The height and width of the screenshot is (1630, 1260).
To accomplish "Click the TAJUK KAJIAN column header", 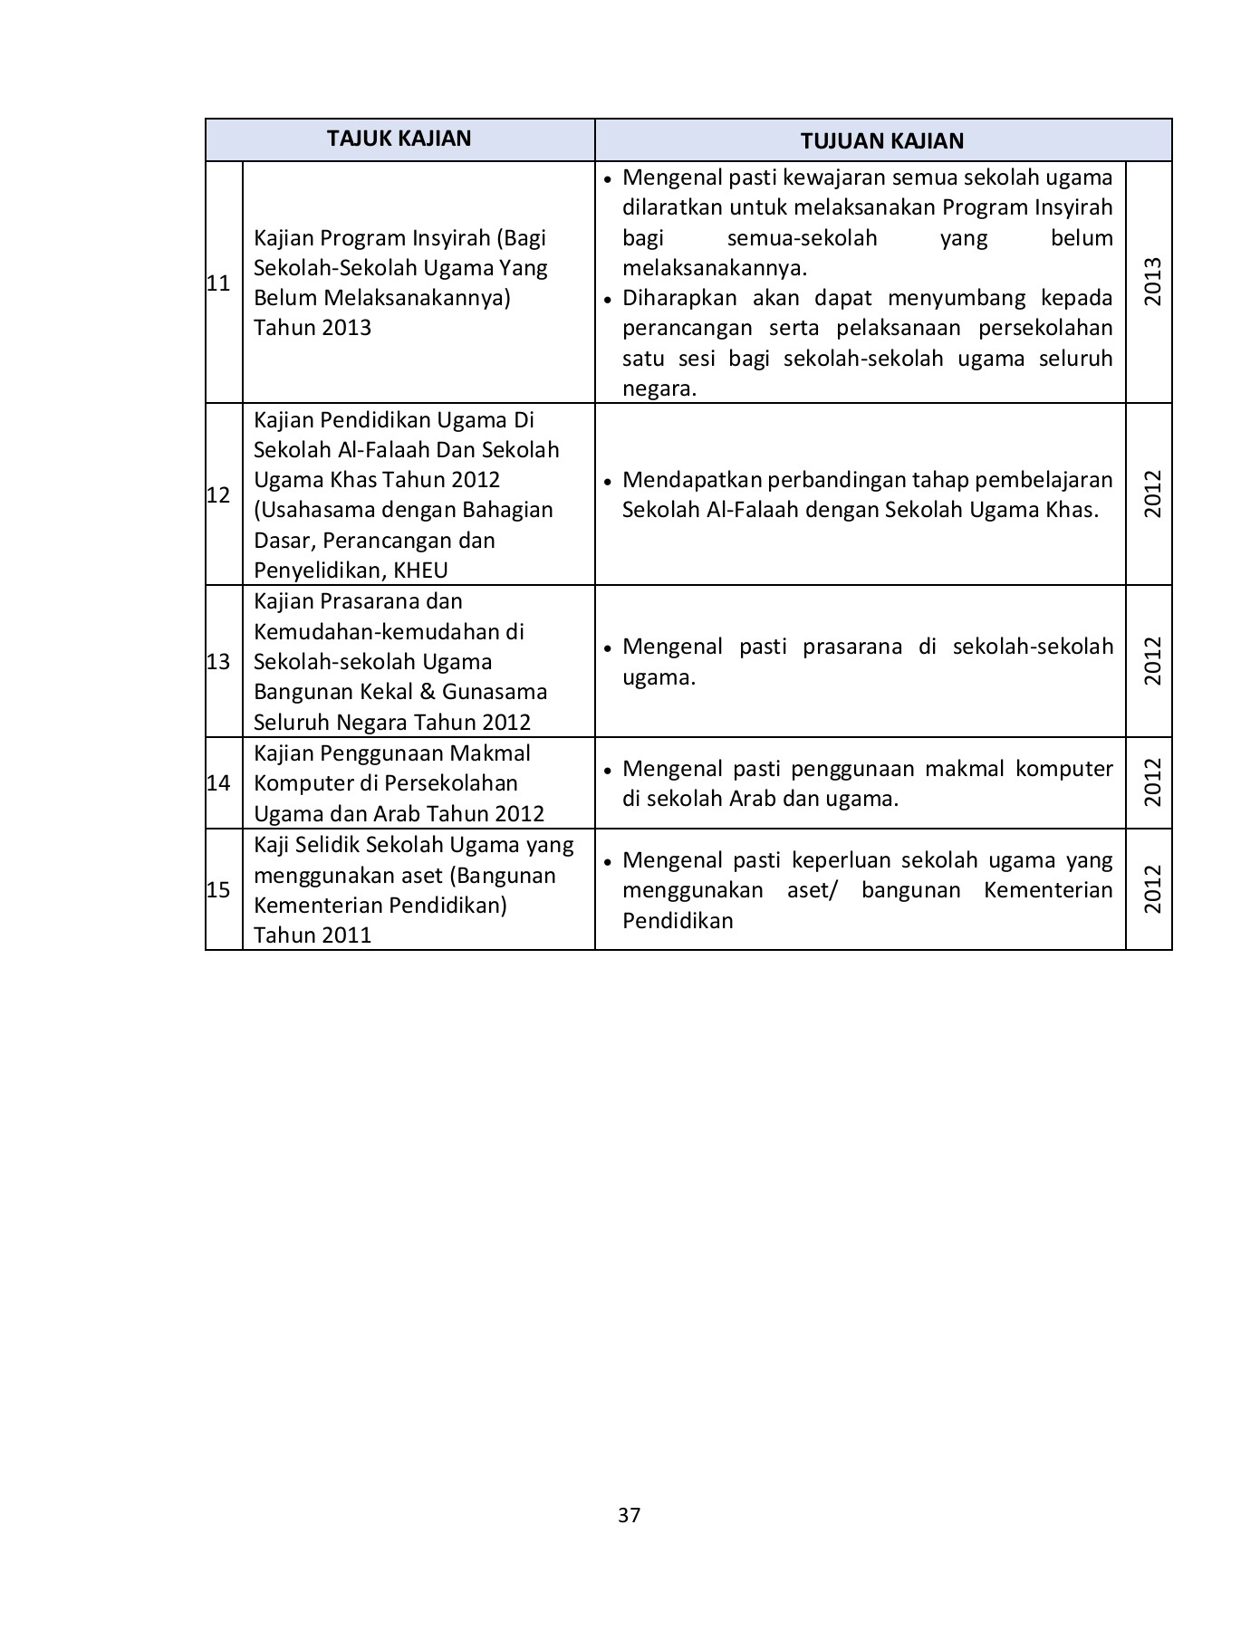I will point(399,139).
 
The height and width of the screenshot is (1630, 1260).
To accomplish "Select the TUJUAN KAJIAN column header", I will point(881,140).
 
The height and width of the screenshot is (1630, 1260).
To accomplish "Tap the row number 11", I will point(218,283).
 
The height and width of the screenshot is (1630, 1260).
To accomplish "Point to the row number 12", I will point(218,494).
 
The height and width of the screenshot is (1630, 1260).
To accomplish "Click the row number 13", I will point(218,661).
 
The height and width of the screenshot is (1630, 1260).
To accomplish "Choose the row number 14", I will point(218,783).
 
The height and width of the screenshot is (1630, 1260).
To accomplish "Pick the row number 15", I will point(218,889).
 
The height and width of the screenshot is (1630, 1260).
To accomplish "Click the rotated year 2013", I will point(1151,282).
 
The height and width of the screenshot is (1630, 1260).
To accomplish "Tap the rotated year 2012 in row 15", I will point(1151,889).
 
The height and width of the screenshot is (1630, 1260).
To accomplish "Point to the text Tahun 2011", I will point(313,935).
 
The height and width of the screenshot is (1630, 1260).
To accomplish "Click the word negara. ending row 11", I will point(659,388).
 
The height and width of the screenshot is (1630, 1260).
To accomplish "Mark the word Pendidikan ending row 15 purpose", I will point(677,921).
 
